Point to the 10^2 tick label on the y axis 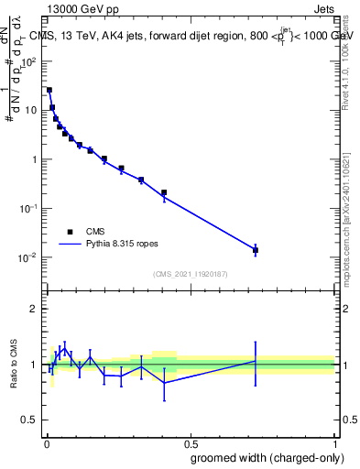coord(28,61)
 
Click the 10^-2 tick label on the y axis coord(28,257)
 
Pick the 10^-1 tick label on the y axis coord(28,209)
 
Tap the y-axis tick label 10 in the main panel coord(31,111)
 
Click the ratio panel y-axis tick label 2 coord(35,309)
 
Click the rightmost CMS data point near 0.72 coord(256,250)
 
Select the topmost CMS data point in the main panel coord(49,90)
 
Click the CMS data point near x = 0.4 coord(164,192)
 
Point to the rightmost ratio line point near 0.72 coord(256,361)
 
